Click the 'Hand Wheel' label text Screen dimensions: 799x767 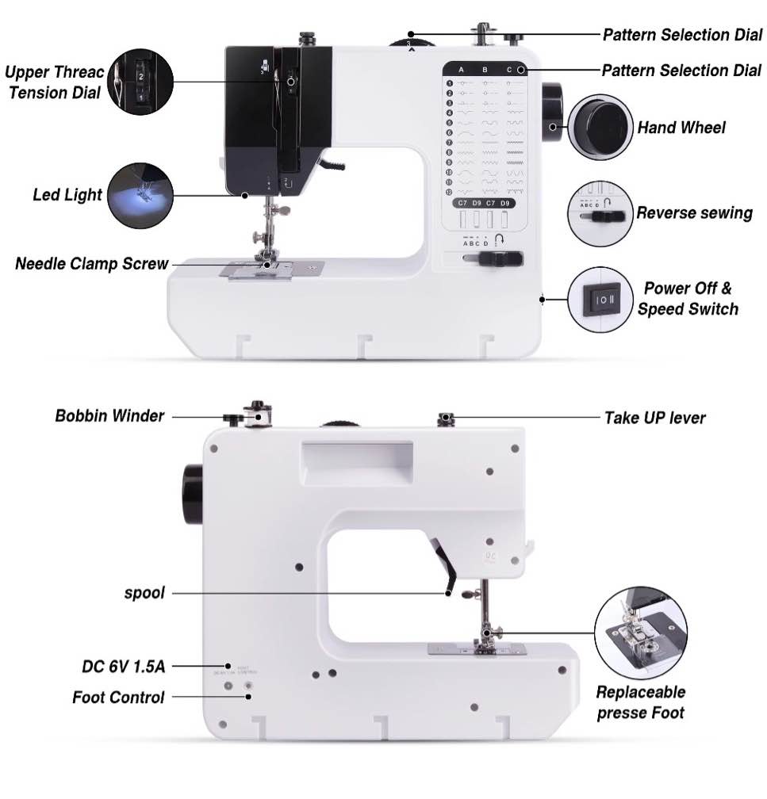681,128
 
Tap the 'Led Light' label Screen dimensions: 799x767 67,194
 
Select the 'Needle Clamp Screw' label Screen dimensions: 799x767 91,264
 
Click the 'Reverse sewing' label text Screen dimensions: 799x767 694,213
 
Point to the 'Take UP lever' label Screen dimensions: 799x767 654,418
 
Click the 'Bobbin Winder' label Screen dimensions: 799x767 109,415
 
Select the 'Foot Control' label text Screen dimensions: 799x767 118,698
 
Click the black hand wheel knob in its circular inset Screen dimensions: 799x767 600,127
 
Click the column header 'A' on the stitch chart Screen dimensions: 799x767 461,70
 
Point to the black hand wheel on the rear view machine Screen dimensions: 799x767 192,495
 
